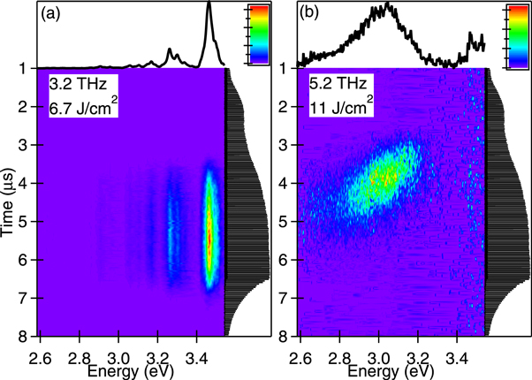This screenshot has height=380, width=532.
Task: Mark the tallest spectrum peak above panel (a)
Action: (209, 7)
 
